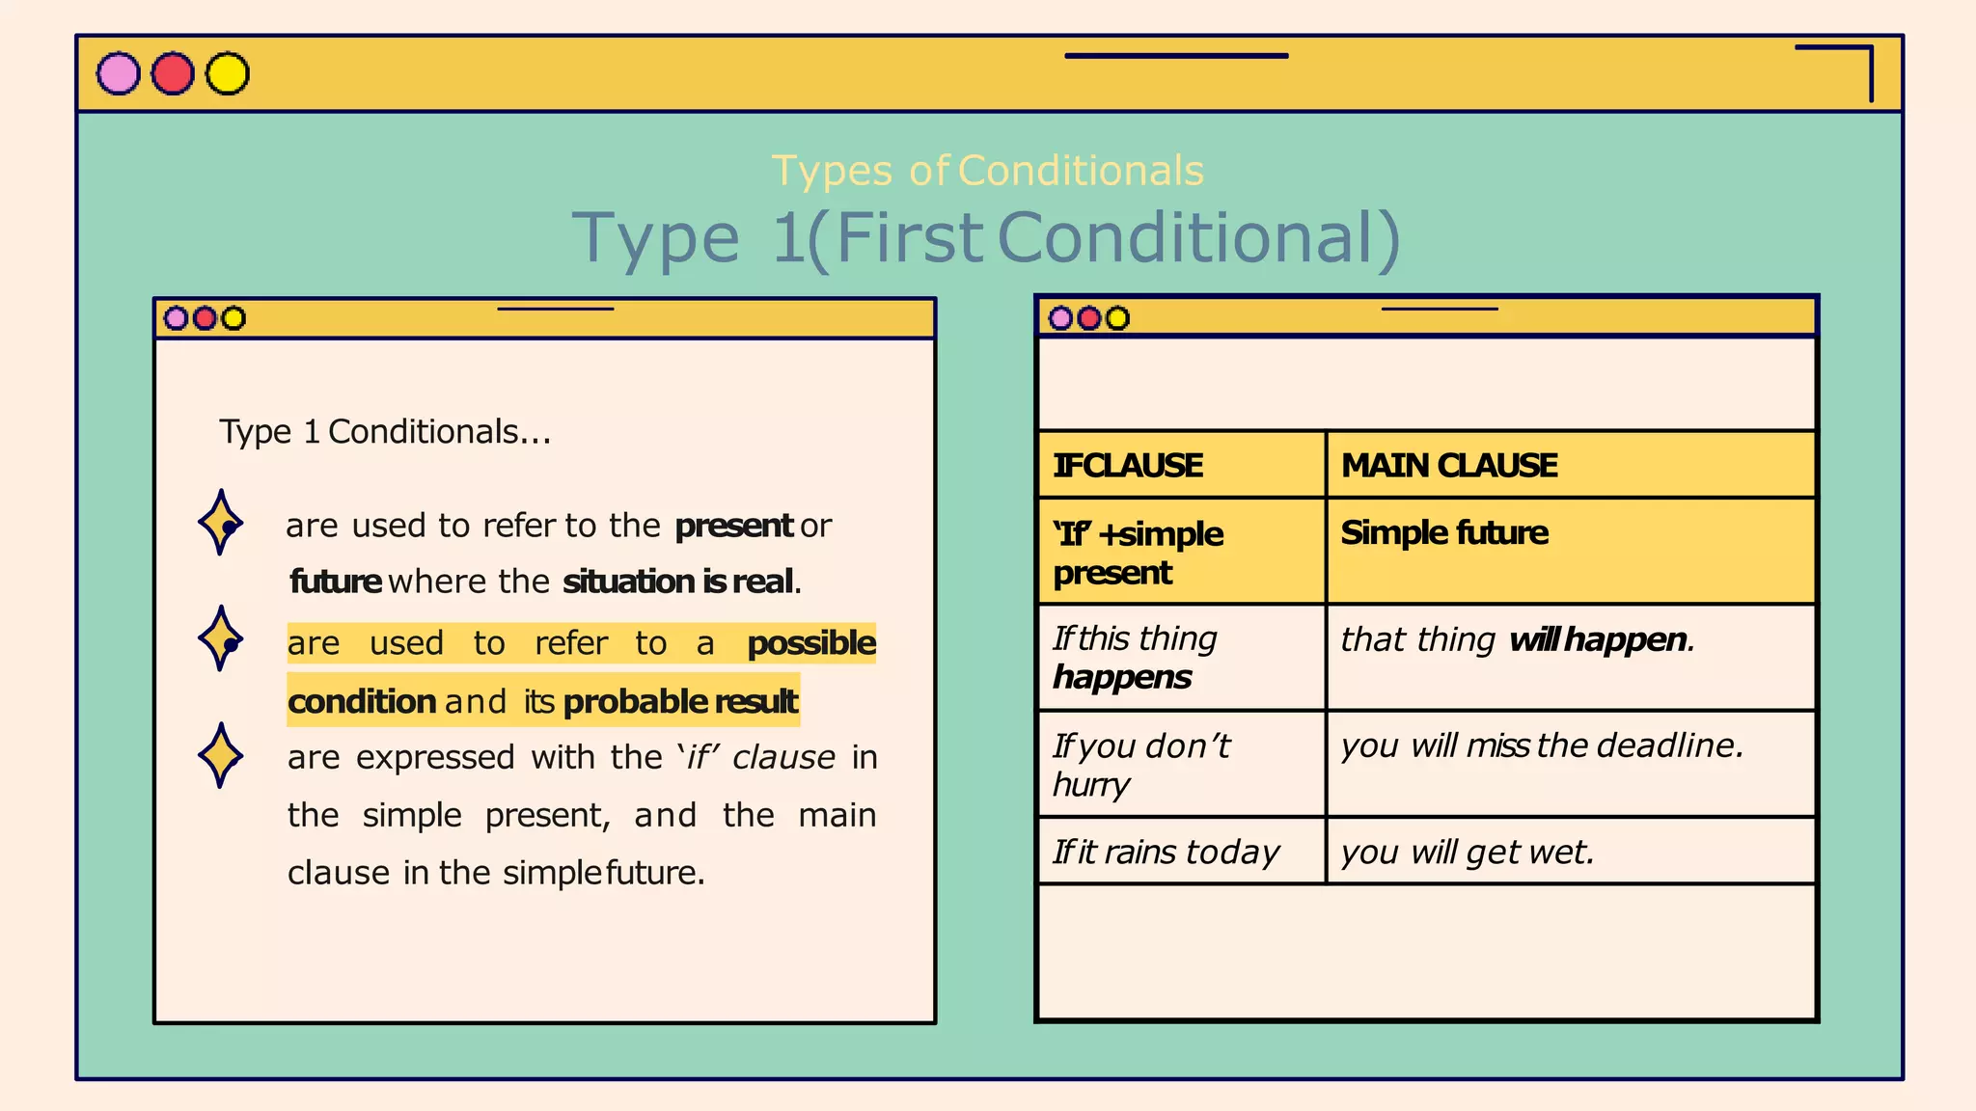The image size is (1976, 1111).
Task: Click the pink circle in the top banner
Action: [x=119, y=74]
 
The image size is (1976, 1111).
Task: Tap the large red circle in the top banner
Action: [x=173, y=74]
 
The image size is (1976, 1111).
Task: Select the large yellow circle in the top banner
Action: [x=228, y=74]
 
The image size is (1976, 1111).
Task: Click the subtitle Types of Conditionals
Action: [x=987, y=171]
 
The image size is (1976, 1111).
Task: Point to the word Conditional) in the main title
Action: [x=1198, y=237]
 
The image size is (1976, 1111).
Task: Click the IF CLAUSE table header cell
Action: [x=1181, y=465]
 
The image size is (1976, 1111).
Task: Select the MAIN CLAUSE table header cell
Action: [x=1571, y=465]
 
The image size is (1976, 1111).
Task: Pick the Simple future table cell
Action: [x=1571, y=551]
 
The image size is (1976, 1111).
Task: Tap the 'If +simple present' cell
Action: [x=1181, y=552]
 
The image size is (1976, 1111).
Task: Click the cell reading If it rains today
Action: [x=1181, y=852]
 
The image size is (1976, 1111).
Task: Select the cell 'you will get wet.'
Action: [x=1571, y=852]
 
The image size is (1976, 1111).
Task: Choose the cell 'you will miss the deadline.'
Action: [x=1571, y=762]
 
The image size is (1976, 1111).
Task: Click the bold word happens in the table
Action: [x=1122, y=678]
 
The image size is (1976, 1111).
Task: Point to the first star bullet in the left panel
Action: [x=221, y=523]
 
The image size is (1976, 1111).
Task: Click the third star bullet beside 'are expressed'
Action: [x=221, y=755]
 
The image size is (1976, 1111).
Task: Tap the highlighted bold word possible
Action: [x=811, y=643]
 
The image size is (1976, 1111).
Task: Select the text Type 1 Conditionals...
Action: [x=385, y=431]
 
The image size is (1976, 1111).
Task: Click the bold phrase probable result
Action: [x=680, y=701]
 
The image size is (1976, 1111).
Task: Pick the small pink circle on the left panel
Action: [x=176, y=318]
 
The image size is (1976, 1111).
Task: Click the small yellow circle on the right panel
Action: [x=1117, y=318]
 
